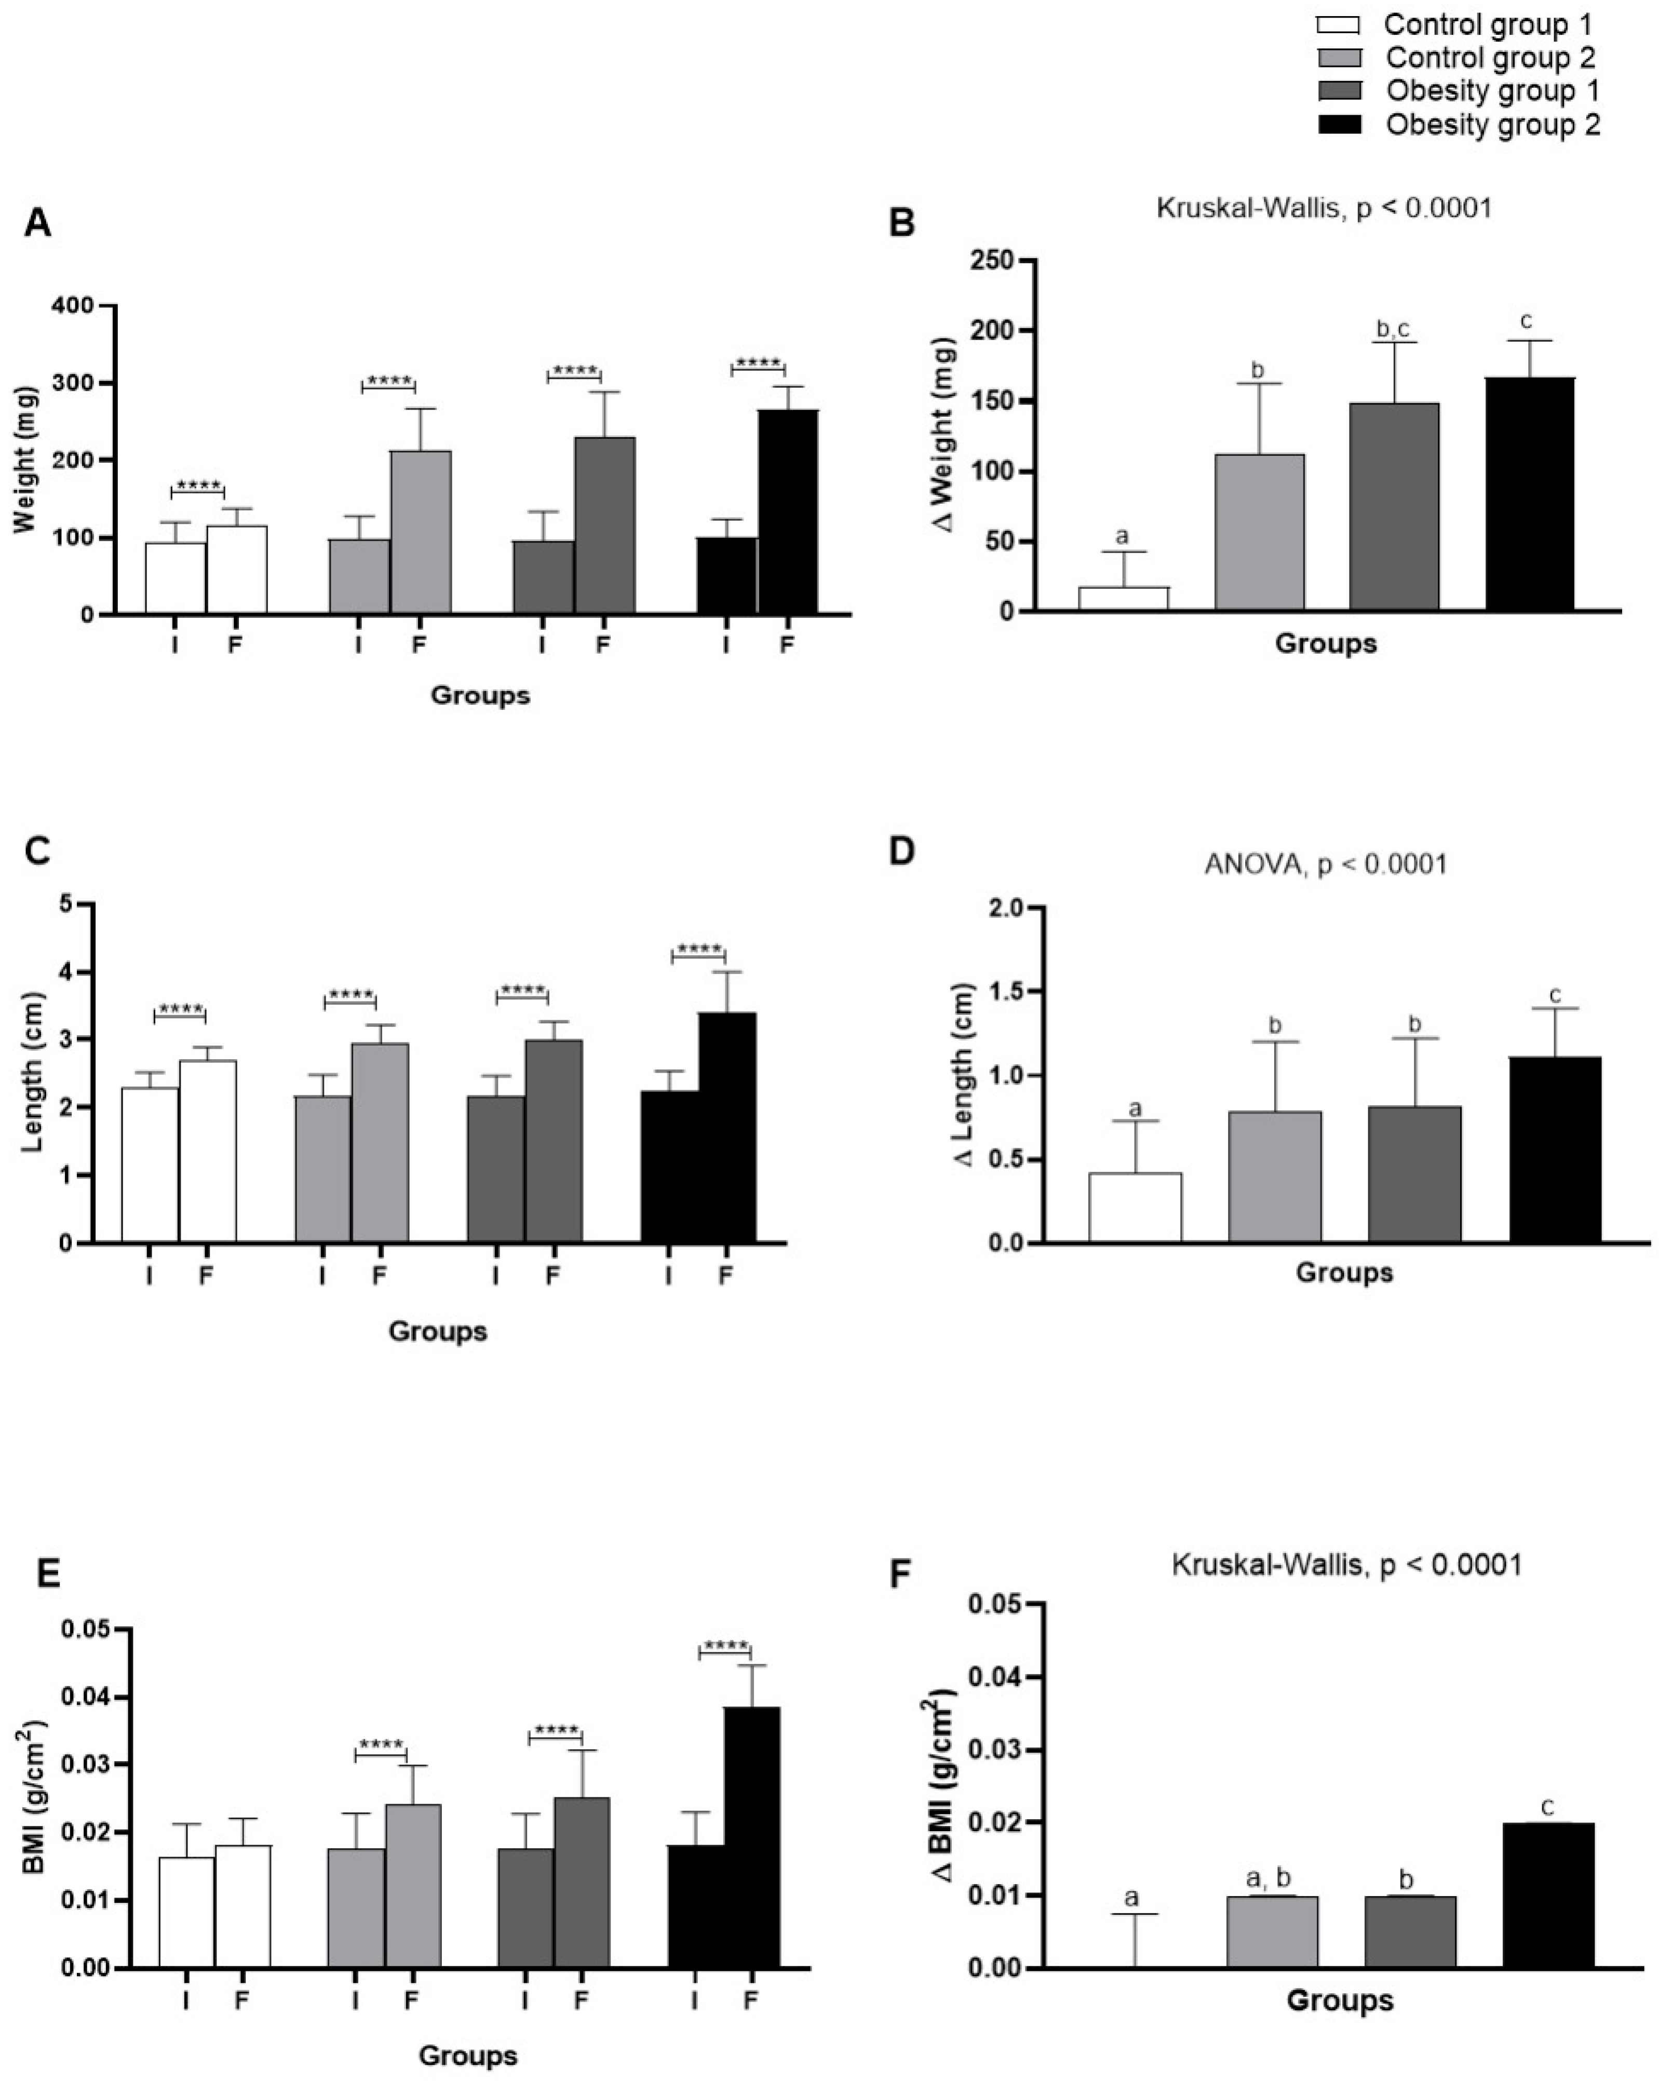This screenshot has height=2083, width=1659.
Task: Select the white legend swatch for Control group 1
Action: coord(1338,25)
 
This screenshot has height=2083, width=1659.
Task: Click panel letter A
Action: coord(38,223)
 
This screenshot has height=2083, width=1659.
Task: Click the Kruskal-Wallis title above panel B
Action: coord(1324,208)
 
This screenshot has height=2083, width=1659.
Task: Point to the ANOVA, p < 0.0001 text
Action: coord(1326,864)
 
